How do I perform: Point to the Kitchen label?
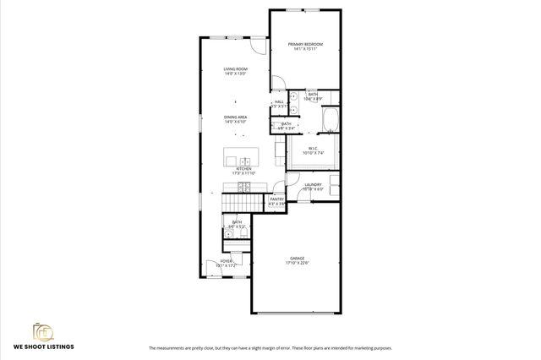pos(244,169)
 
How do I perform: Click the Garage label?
pos(297,259)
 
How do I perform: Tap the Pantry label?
pos(276,199)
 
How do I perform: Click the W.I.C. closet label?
pos(313,149)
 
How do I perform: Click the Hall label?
pos(278,102)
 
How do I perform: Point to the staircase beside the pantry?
pos(237,203)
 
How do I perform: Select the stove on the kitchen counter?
pos(243,186)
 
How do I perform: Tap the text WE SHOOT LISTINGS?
pos(43,346)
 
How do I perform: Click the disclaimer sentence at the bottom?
pos(270,348)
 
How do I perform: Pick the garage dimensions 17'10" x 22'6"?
pos(297,264)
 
